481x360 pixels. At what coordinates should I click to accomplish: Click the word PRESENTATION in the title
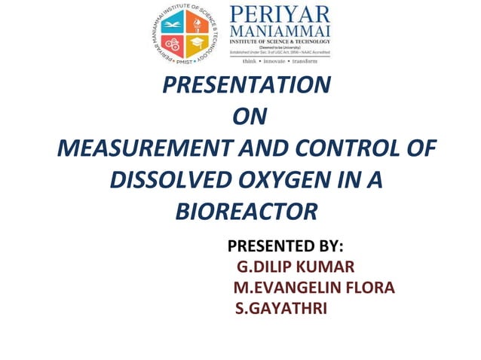(x=247, y=85)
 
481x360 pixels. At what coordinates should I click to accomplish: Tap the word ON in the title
(x=250, y=117)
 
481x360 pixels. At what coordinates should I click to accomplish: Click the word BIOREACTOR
(x=247, y=212)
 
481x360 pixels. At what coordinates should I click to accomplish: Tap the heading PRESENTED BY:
(x=285, y=246)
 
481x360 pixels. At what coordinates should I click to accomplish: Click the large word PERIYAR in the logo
(x=279, y=15)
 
